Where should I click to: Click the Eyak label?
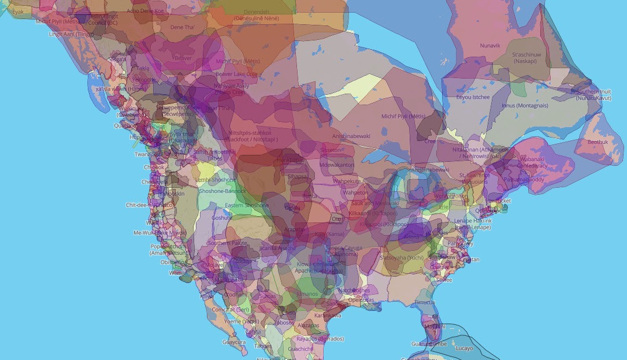point(18,11)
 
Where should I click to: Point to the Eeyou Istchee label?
point(473,97)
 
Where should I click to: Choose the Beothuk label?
point(598,142)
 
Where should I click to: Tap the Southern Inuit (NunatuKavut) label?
point(593,95)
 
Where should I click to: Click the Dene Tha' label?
point(181,27)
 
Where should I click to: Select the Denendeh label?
point(256,12)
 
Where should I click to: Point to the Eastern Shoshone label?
point(247,205)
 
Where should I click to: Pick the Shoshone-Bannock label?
point(222,191)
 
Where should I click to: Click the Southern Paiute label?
point(227,243)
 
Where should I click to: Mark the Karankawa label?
point(328,316)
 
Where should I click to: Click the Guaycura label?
point(234,342)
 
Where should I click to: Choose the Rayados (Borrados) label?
point(320,339)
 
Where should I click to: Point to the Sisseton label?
point(330,150)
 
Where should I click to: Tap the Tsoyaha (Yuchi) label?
point(401,257)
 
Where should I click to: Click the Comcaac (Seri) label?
point(230,309)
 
